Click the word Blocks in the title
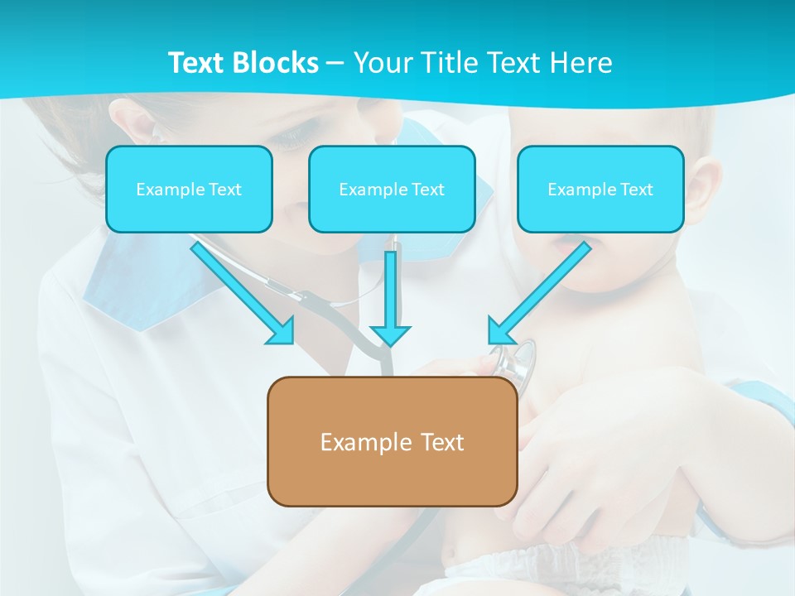277,63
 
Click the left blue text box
189,189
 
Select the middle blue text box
392,189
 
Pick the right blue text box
600,189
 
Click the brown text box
392,441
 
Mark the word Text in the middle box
428,190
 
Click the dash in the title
335,63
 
